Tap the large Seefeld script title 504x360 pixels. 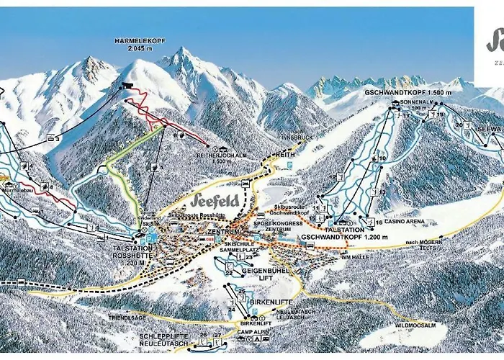[x=217, y=200]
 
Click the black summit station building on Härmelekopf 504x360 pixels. [x=128, y=86]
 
